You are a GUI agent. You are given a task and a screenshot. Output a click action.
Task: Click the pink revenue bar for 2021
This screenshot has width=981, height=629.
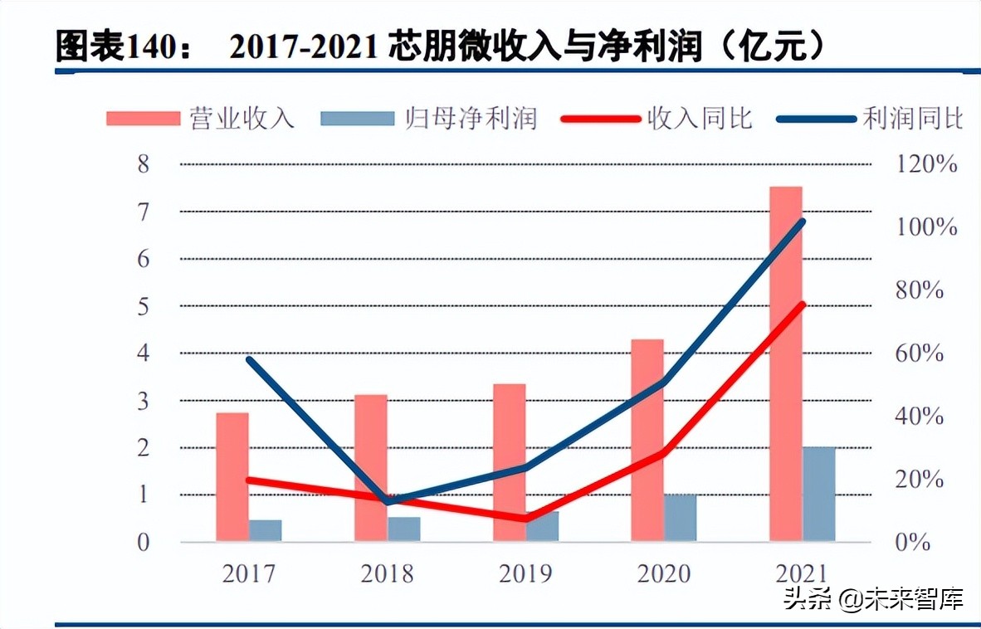785,365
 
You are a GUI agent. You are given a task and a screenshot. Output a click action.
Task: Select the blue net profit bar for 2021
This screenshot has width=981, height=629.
818,495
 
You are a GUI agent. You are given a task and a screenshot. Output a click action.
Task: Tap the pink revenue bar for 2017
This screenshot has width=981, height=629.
232,477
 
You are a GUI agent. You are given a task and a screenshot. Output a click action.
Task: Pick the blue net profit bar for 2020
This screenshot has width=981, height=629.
681,518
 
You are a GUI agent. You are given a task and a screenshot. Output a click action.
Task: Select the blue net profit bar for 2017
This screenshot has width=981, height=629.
266,531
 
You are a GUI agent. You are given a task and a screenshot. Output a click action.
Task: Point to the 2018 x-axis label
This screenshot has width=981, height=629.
387,573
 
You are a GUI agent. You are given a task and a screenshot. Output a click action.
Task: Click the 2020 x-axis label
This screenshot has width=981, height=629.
663,573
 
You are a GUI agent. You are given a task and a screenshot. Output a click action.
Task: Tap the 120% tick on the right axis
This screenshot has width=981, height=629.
927,164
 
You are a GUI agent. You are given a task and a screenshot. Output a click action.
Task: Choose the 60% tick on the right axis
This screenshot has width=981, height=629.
921,354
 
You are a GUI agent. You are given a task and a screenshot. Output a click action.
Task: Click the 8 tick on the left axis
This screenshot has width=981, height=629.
144,164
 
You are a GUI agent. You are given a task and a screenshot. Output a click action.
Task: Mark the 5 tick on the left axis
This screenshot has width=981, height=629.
144,306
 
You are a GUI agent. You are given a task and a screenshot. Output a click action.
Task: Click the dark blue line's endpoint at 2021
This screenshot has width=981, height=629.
802,222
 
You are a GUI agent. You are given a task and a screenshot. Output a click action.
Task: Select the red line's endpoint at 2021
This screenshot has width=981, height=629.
802,305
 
